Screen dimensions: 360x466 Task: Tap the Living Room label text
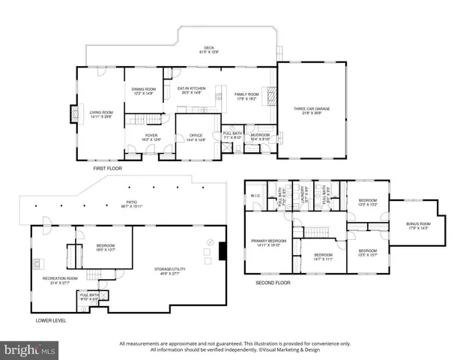(100, 115)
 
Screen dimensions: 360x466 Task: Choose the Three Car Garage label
(312, 110)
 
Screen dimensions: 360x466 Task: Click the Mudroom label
(260, 136)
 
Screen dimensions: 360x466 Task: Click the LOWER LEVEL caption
(50, 320)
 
